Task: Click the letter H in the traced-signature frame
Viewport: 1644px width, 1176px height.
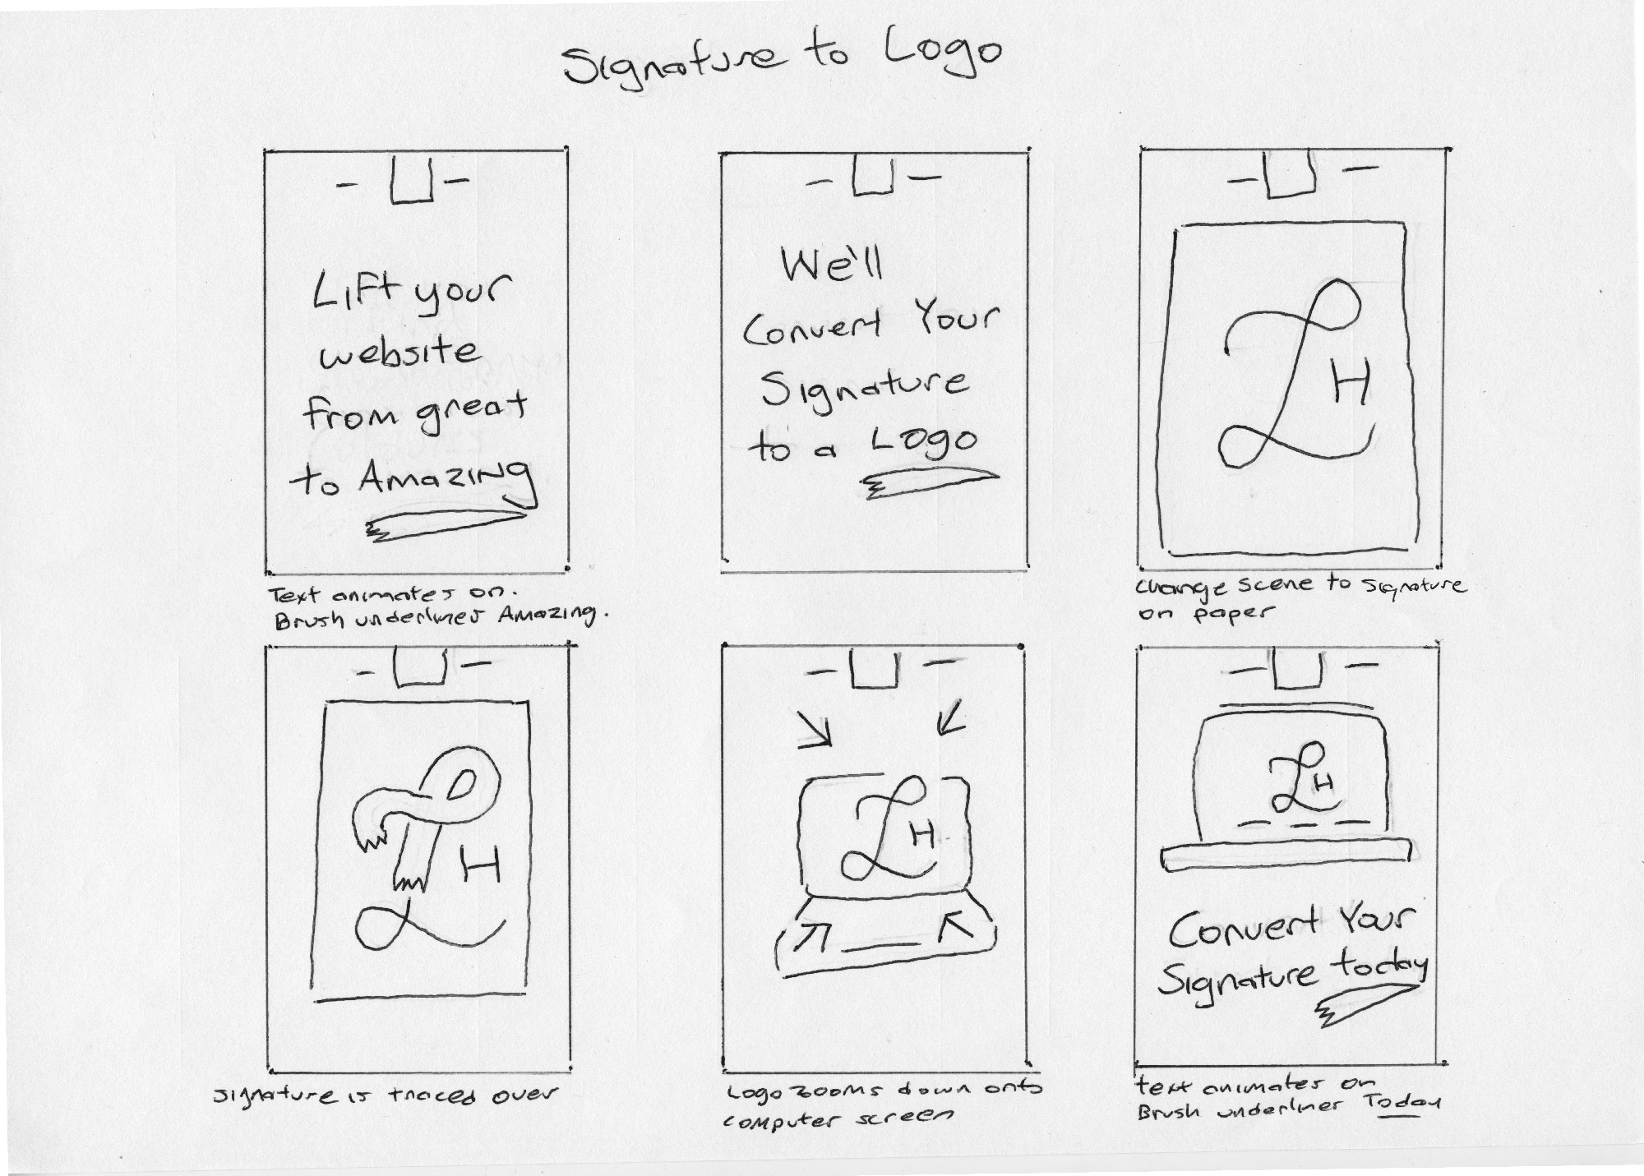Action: tap(480, 866)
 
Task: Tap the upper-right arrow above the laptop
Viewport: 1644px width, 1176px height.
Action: tap(948, 723)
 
